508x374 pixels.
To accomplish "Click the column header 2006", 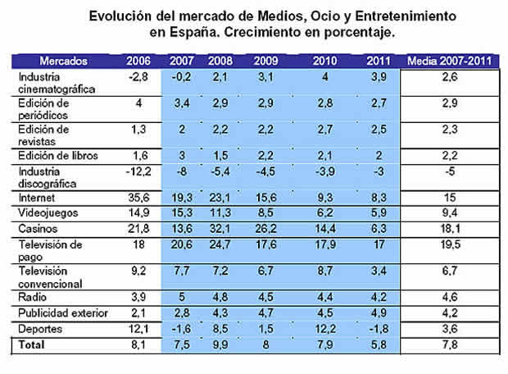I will pos(138,61).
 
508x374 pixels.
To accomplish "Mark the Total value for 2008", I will pos(219,345).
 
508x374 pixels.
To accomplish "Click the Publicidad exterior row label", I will pos(56,315).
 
